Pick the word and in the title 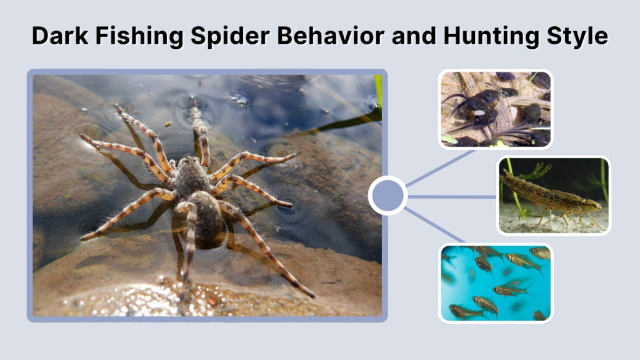tap(412, 36)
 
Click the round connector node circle tap(387, 196)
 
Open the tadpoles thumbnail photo tap(495, 109)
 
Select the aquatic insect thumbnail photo tap(553, 195)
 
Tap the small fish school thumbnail tap(495, 282)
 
